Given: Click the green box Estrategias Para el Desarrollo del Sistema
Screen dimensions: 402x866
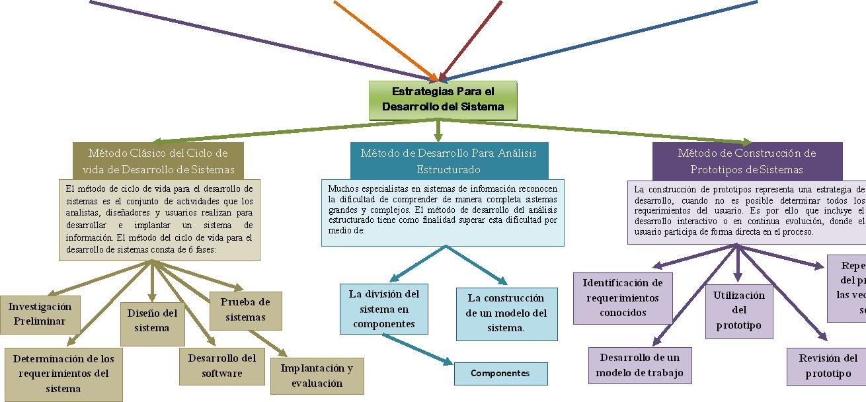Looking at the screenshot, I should pos(442,100).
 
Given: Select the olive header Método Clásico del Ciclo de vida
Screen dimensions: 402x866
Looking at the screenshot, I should pos(157,161).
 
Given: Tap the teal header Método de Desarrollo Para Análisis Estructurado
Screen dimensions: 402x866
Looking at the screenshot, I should pos(448,161).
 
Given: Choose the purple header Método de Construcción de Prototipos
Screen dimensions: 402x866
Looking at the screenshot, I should pos(747,161).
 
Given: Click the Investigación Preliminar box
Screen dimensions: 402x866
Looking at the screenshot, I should pos(40,314).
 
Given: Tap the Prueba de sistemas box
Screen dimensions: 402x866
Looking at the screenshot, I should pos(246,309).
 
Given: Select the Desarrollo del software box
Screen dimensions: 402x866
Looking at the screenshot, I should pos(222,366).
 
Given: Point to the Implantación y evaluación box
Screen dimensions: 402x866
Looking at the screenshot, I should pos(317,376).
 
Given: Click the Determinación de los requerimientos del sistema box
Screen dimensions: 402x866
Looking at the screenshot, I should pos(63,374).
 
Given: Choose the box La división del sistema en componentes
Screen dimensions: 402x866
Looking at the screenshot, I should pos(383,308).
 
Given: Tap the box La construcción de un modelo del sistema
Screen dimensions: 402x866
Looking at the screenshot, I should pos(506,313).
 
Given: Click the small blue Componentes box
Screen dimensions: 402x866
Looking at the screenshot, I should pos(500,374).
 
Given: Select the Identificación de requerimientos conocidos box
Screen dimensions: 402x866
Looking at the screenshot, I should pos(623,298).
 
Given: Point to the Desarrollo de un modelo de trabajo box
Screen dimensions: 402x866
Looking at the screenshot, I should pos(640,366).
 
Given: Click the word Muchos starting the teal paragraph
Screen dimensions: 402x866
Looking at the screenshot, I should pos(341,188).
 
